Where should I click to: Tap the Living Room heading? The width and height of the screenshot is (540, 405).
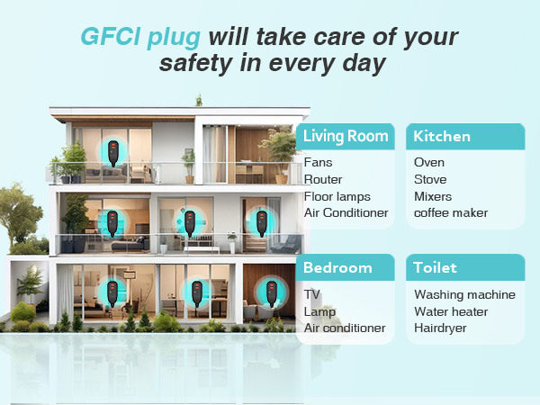click(346, 137)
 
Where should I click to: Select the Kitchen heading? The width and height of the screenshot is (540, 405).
click(442, 137)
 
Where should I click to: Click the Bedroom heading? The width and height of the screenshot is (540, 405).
click(337, 267)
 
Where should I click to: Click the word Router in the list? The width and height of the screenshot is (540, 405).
click(323, 180)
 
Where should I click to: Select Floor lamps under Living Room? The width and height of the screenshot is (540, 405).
click(337, 196)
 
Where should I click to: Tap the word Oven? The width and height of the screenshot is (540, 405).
click(429, 163)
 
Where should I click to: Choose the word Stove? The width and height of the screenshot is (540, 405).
click(431, 180)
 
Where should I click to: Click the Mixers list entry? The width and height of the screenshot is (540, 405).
click(433, 196)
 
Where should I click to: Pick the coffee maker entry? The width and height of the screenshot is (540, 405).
click(451, 213)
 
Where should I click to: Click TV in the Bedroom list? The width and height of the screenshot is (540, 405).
click(312, 294)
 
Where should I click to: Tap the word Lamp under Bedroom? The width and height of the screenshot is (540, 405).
click(319, 311)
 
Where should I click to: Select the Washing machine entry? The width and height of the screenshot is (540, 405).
click(464, 294)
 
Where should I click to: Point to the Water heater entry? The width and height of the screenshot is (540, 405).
click(451, 311)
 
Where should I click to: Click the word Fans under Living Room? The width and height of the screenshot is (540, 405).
click(319, 163)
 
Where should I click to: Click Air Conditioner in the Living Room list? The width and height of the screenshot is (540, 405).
click(346, 213)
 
